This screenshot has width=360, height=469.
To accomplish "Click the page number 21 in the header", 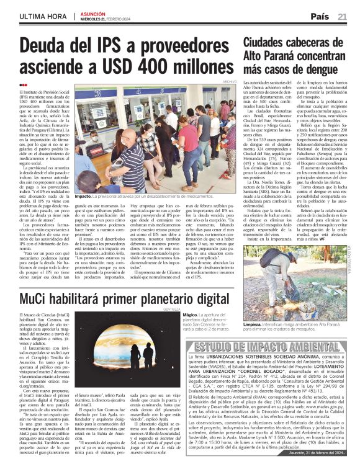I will [342, 16].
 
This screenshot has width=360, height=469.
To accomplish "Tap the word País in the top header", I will [320, 16].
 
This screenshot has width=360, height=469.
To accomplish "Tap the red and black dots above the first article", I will [24, 85].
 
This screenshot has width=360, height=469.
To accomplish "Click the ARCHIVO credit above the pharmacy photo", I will [230, 82].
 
